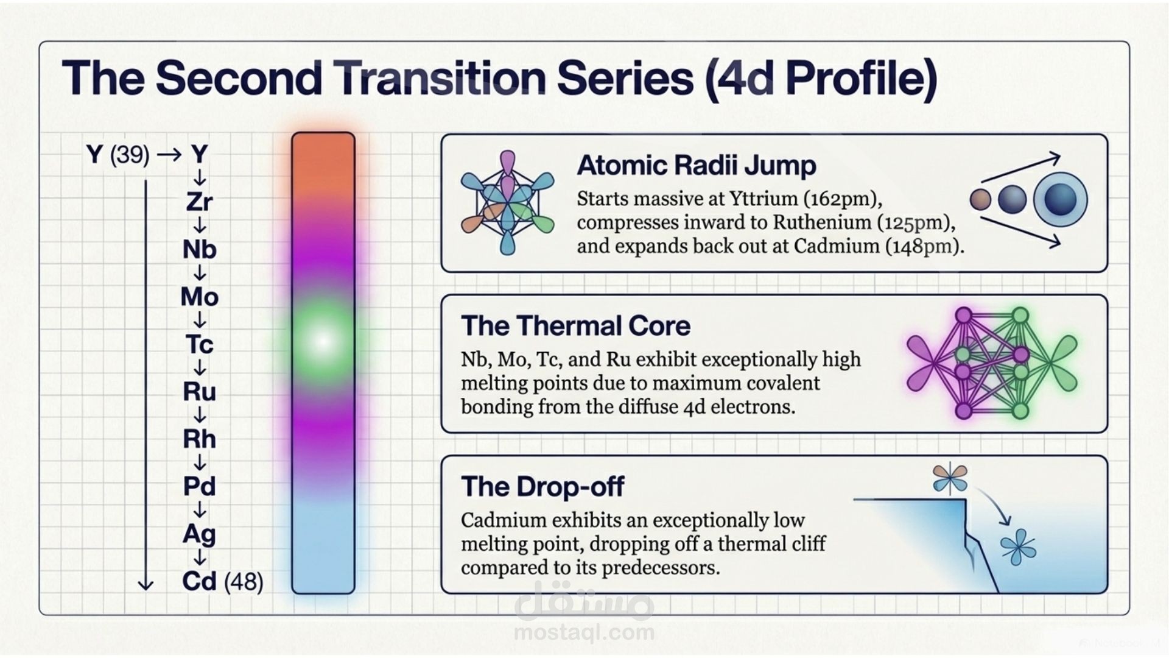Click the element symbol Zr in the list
199,202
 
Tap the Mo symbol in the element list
199,297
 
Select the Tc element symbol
199,344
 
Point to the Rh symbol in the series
199,439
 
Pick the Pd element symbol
199,486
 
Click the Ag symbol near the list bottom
199,534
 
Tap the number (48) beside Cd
244,582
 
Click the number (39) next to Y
130,155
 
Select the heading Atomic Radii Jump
697,166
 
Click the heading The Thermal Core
575,326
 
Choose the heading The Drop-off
542,487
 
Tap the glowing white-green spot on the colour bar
323,341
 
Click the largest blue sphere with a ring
1061,199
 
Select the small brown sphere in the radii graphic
980,199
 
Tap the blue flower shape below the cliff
1018,547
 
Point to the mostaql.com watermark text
584,632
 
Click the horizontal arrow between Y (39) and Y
169,155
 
